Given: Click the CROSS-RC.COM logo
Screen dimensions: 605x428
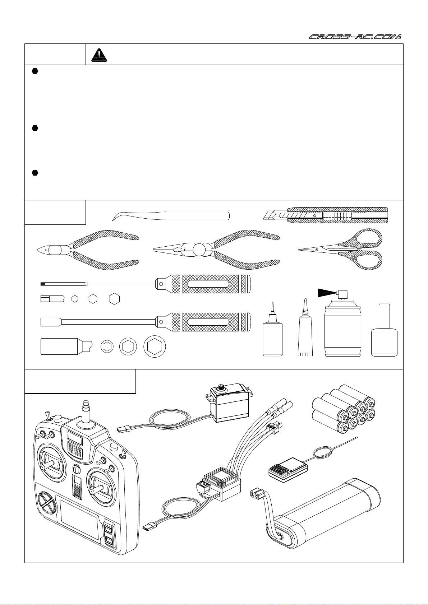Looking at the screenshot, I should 355,37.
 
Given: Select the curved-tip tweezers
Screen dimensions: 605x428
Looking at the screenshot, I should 171,216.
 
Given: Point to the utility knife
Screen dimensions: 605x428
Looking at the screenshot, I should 325,215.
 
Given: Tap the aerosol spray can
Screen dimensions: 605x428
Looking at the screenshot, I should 342,330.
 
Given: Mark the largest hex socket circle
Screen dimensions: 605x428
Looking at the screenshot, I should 155,346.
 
